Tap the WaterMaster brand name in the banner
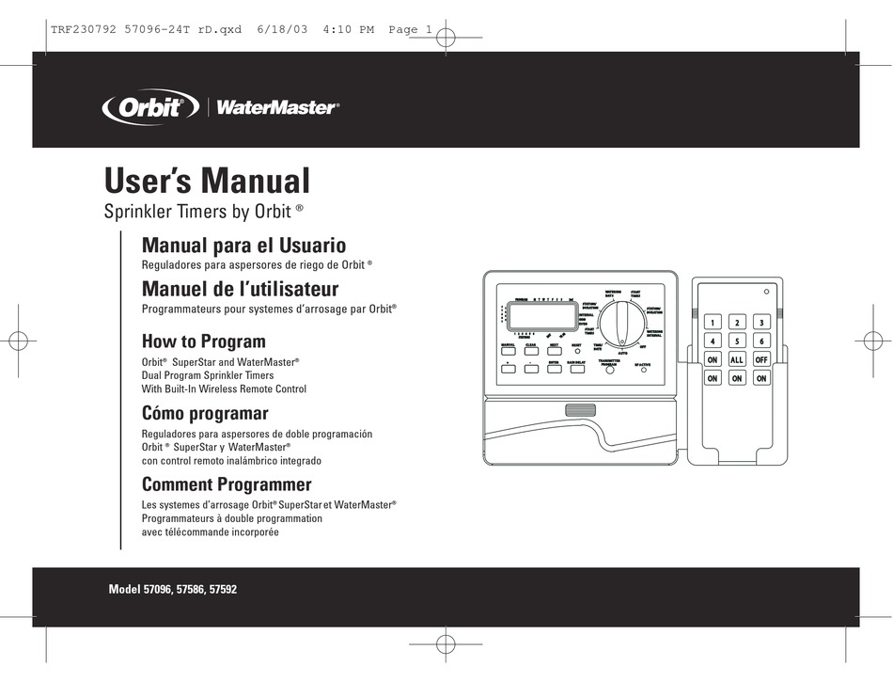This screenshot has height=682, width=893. [276, 107]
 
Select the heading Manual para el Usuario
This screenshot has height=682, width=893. [243, 246]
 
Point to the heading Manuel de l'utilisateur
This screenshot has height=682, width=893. [240, 289]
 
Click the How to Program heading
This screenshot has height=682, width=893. [203, 341]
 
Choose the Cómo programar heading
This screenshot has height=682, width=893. [205, 413]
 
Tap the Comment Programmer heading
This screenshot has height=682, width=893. [226, 484]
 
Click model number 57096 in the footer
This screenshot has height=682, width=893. [160, 590]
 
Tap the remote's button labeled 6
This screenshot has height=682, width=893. [761, 341]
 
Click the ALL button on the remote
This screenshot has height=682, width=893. [737, 359]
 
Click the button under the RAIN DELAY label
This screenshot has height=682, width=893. [578, 368]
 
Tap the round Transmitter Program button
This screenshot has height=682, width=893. [608, 371]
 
